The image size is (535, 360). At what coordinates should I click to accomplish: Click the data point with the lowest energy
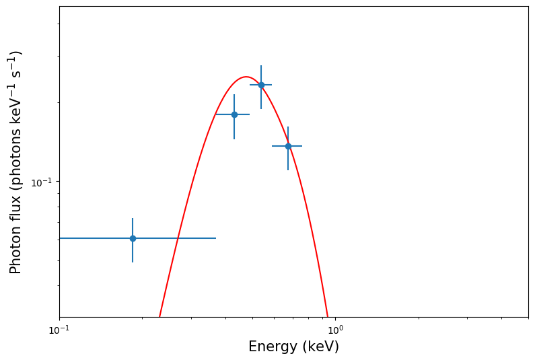[x=133, y=238]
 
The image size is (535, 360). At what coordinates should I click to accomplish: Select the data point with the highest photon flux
[x=261, y=85]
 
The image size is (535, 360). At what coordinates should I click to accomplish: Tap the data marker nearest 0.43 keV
[x=234, y=114]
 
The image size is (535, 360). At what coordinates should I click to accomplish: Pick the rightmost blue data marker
[x=288, y=146]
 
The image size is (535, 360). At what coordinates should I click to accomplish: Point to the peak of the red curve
[x=247, y=77]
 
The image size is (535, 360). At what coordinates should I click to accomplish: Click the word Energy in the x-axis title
[x=271, y=347]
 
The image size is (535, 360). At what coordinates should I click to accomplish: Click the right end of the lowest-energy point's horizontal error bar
[x=216, y=238]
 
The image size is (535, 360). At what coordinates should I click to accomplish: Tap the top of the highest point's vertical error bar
[x=261, y=65]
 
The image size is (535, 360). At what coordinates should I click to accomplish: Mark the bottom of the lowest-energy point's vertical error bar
[x=133, y=262]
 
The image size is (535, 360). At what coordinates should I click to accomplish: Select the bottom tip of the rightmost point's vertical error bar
[x=288, y=170]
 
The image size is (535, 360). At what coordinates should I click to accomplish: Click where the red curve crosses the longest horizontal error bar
[x=178, y=238]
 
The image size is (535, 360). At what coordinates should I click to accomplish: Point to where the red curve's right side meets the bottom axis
[x=327, y=316]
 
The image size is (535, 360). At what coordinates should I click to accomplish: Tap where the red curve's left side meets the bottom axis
[x=159, y=316]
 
